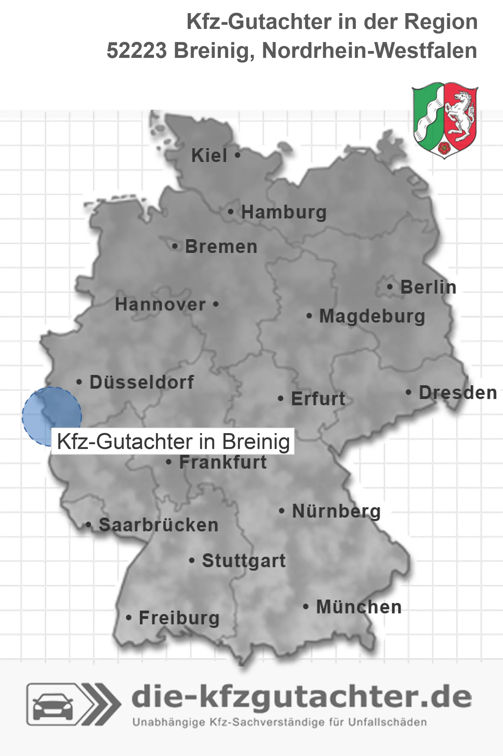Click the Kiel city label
coord(209,155)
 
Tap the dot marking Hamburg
coord(230,212)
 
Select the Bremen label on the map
coord(221,247)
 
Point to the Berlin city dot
coord(390,287)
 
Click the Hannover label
coord(160,305)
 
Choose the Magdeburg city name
coord(372,316)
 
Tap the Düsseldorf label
coord(142,382)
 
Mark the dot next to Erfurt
coord(281,399)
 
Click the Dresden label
coord(458,393)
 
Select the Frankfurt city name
coord(223,462)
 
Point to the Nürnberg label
coord(336,511)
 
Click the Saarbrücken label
coord(158,525)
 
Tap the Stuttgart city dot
coord(192,561)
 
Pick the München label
coord(359,607)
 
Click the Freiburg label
coord(179,618)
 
